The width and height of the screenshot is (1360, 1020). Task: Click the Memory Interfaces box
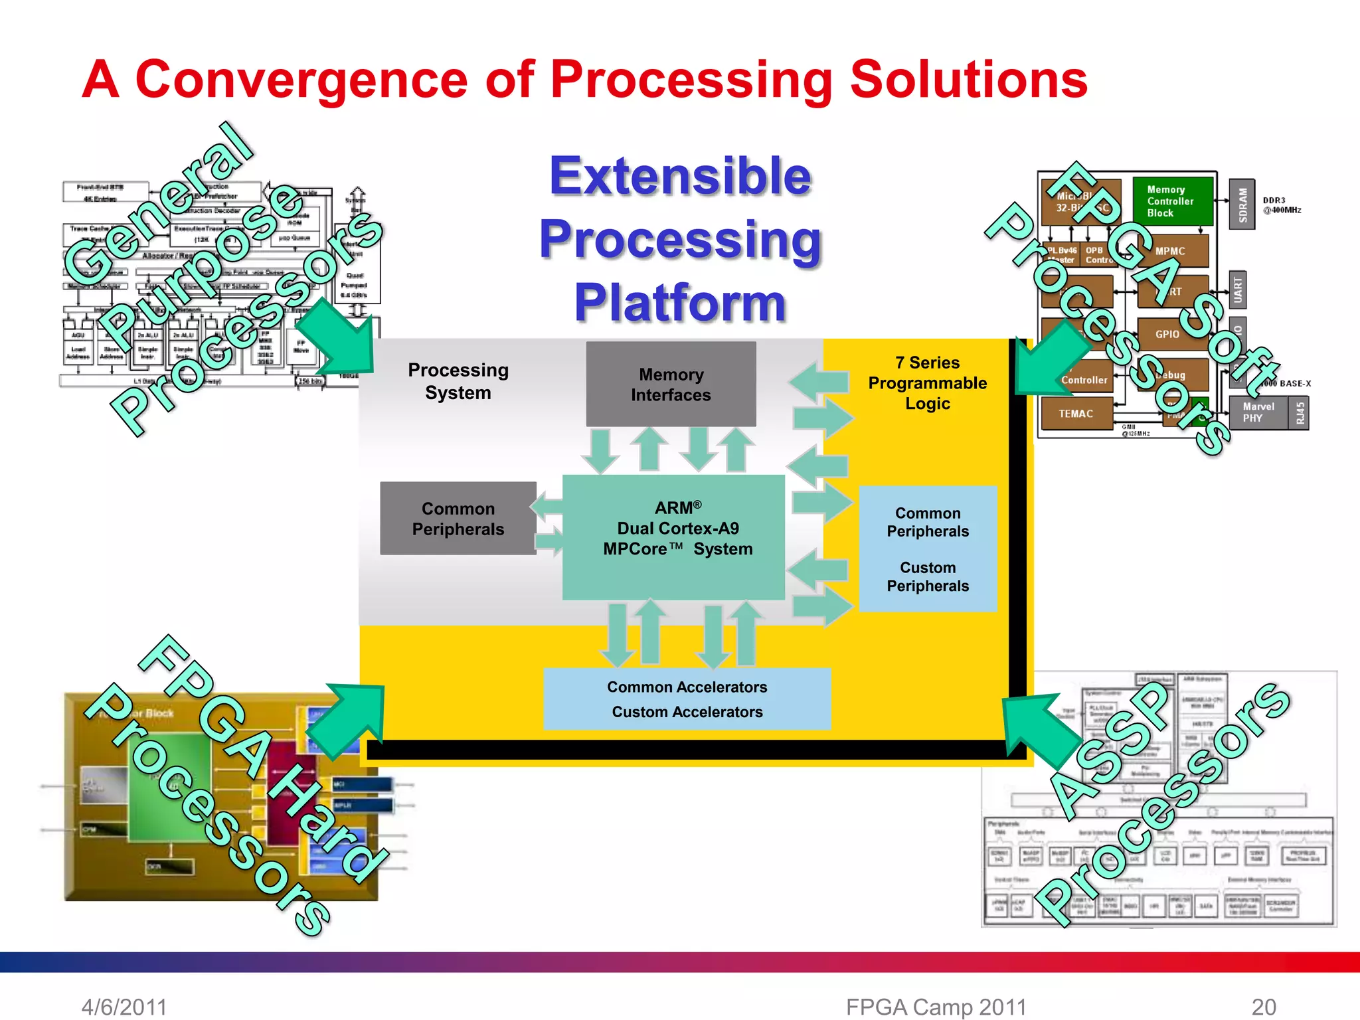(x=671, y=384)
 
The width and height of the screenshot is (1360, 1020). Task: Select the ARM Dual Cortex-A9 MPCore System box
(x=674, y=537)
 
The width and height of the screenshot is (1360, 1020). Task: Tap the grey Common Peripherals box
(x=458, y=519)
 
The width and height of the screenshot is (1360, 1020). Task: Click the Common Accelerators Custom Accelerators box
(x=687, y=699)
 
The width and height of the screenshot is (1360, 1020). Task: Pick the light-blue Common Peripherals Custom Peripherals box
(x=928, y=549)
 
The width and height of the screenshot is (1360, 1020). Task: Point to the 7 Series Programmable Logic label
(x=927, y=383)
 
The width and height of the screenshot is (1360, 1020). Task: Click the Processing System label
(x=458, y=381)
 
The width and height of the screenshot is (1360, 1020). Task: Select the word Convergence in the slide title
(x=301, y=80)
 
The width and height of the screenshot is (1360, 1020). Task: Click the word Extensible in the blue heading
(x=681, y=176)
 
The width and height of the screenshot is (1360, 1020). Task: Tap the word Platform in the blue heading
(x=681, y=302)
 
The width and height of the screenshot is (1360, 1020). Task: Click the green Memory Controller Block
(x=1171, y=201)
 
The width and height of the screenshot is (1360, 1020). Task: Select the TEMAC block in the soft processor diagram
(x=1076, y=414)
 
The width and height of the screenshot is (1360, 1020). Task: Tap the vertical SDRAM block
(x=1242, y=205)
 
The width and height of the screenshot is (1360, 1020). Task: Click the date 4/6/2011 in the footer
(x=124, y=1007)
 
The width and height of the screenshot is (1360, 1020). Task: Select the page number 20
(x=1264, y=1007)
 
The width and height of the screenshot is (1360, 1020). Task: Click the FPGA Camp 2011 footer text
(x=936, y=1007)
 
